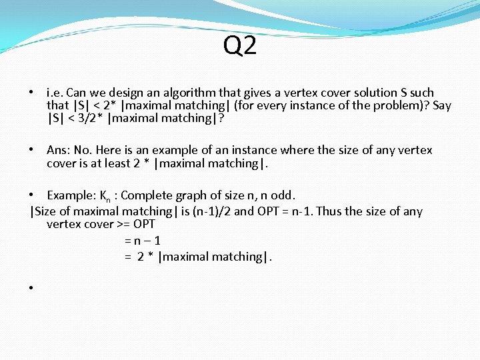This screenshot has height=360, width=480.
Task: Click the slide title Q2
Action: [x=240, y=46]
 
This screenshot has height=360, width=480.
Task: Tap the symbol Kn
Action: [x=105, y=196]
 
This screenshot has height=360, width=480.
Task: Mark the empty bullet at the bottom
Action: [x=31, y=288]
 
